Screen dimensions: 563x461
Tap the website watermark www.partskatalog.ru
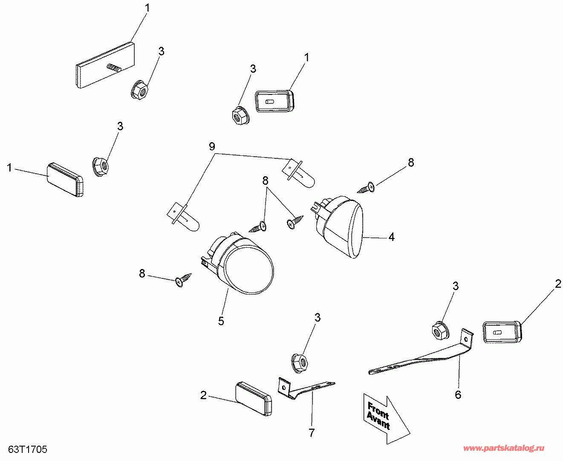(x=504, y=448)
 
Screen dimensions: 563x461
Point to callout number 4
(x=391, y=237)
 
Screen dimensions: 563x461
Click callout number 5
(x=221, y=321)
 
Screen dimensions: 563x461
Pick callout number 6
(x=458, y=395)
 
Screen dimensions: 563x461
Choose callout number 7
(x=312, y=433)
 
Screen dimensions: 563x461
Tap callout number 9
(x=212, y=147)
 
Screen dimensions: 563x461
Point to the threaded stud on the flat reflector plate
(x=113, y=67)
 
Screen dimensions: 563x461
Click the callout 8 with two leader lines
(x=266, y=180)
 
